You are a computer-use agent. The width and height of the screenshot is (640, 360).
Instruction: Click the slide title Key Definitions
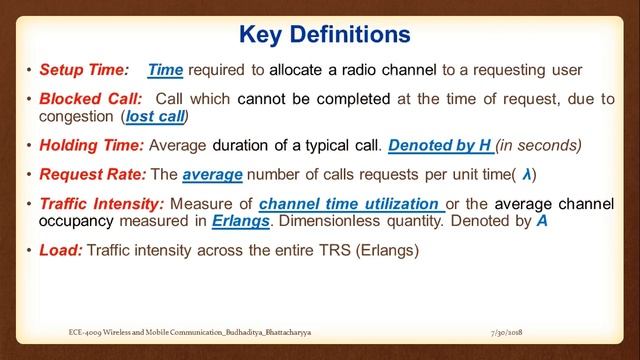tap(325, 34)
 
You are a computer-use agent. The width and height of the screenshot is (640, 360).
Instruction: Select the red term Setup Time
tap(84, 70)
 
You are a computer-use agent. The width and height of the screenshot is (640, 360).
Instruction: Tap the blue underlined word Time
tap(164, 70)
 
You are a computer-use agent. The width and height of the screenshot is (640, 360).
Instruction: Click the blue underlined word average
tap(212, 175)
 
